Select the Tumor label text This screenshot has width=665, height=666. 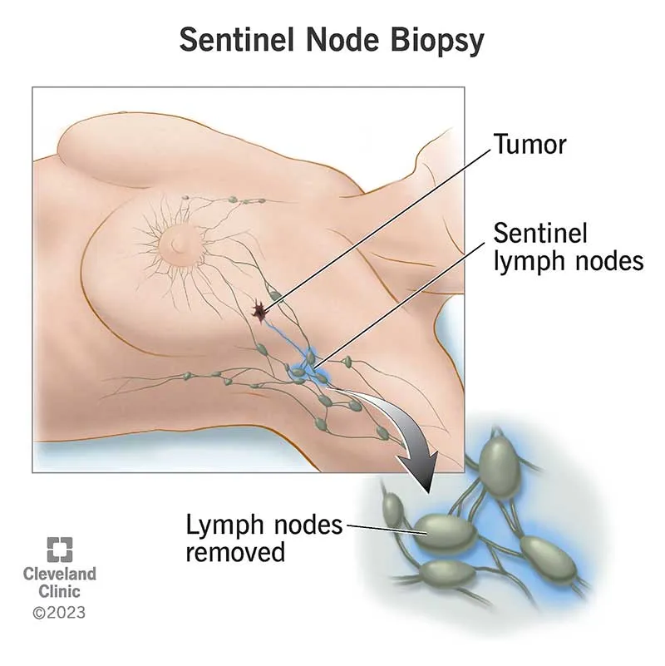(x=530, y=144)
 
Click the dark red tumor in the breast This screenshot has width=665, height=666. (x=260, y=311)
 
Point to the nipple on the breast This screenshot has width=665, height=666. (x=177, y=242)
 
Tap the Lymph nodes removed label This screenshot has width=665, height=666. (x=264, y=538)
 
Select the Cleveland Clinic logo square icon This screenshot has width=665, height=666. (x=59, y=550)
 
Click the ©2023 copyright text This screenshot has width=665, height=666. (x=59, y=614)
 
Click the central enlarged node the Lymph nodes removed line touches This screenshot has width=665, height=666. (x=446, y=525)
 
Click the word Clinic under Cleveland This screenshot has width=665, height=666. (x=60, y=592)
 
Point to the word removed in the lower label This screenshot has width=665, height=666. (x=235, y=551)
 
